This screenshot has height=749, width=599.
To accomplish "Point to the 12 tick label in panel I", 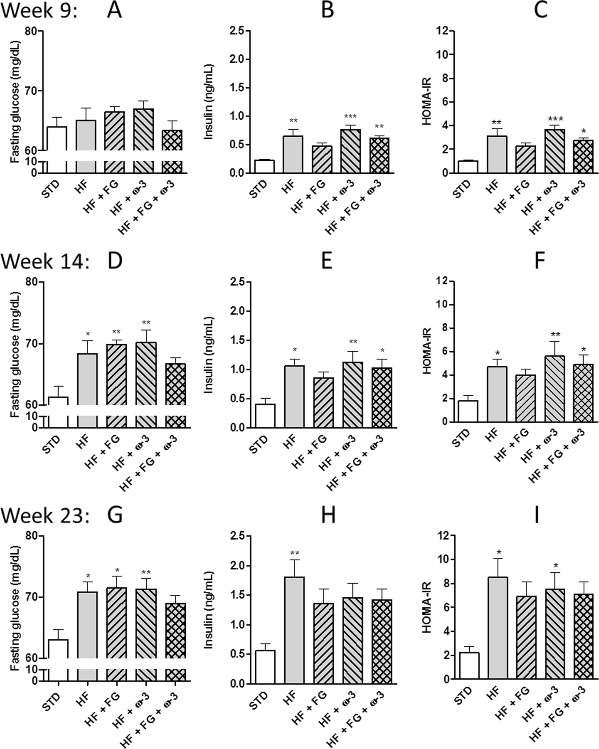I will coord(442,536).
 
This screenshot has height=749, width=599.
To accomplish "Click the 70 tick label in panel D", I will coord(31,344).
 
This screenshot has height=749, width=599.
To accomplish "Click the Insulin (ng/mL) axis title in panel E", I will coord(208,355).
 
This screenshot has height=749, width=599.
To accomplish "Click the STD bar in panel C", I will coord(467,167).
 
